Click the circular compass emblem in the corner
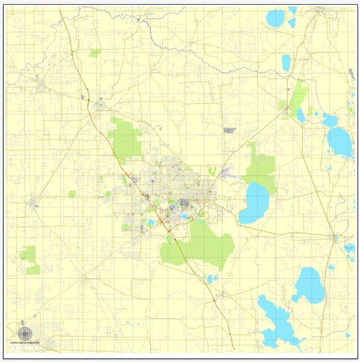[25, 334]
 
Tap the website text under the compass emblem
[25, 343]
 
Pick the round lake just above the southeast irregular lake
[309, 285]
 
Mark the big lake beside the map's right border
[339, 141]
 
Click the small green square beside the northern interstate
[95, 53]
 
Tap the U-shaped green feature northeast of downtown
[212, 170]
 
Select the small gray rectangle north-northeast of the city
[230, 130]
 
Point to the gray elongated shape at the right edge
[351, 74]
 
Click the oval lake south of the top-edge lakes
[286, 62]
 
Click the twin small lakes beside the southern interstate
[211, 278]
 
